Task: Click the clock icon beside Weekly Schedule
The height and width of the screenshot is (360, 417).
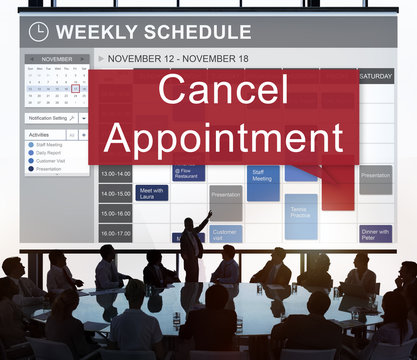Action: (39, 31)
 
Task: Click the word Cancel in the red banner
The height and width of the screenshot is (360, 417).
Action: (221, 91)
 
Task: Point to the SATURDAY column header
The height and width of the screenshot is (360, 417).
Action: (375, 76)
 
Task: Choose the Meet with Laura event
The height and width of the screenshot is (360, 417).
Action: (153, 193)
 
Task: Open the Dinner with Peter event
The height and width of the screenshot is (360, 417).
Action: (375, 233)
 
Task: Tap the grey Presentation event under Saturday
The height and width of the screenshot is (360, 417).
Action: (375, 177)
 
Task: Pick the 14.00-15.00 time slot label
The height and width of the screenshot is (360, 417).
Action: (115, 194)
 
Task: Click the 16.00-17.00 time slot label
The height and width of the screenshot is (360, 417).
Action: (115, 234)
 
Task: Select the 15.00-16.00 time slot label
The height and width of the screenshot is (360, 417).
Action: (115, 214)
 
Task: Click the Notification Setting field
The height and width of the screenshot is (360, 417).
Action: (50, 118)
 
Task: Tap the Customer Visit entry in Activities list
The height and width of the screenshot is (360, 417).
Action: (51, 159)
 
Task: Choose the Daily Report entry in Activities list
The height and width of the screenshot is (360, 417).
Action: (48, 152)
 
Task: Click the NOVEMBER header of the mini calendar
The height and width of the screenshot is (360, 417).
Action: (56, 59)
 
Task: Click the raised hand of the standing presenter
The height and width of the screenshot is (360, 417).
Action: (209, 212)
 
